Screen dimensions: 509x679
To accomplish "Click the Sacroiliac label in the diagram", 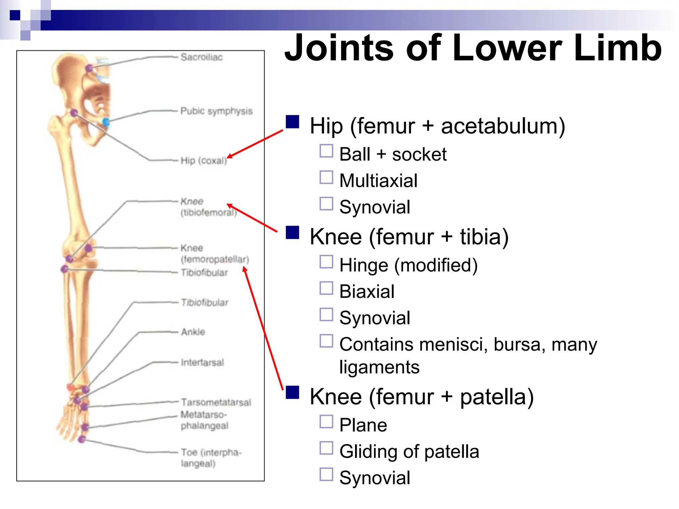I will click(x=202, y=57).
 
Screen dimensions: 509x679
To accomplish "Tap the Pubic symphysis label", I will click(x=216, y=111).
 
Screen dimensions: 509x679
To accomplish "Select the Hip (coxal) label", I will click(x=204, y=161).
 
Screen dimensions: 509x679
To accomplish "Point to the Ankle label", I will click(x=193, y=332).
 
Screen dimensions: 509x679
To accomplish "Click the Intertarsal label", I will click(x=202, y=362).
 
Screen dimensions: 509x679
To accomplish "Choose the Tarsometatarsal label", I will click(x=216, y=402).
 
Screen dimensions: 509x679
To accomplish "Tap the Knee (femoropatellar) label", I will click(x=215, y=254).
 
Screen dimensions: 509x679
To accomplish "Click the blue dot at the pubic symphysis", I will click(x=106, y=122).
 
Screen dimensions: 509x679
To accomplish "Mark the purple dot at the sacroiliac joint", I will click(x=89, y=68).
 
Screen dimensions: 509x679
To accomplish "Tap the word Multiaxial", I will click(x=378, y=181).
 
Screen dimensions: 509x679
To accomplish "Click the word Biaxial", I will click(x=367, y=292).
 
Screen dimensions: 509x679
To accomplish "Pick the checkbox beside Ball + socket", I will click(x=326, y=151).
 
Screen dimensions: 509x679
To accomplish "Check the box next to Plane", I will click(x=326, y=422).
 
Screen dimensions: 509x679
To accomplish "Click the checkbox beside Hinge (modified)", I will click(x=326, y=262).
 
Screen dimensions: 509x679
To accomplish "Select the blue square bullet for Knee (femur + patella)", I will click(x=292, y=393).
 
